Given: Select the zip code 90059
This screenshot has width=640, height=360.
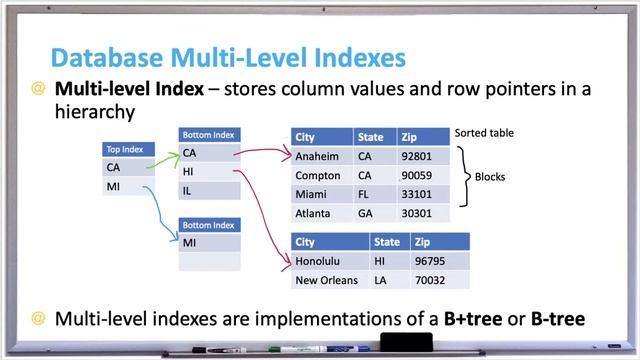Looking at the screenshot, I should pos(415,175).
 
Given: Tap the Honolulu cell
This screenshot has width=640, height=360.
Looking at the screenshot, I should pos(318,261).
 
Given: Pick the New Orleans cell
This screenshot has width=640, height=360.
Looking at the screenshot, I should pos(327,280).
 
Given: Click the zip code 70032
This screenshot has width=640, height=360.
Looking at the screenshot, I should pos(430,280).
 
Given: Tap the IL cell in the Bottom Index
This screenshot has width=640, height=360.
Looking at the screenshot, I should pos(188,190).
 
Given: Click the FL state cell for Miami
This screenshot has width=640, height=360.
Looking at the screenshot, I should pos(364,194).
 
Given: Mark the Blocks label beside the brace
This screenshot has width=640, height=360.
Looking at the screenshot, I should pos(489,178).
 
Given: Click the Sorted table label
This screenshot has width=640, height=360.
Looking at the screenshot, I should pos(490,133).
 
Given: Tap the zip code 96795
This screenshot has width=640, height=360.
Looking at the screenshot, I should pos(430,261).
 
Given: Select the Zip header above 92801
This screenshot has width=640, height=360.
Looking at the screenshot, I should pos(408,137).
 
